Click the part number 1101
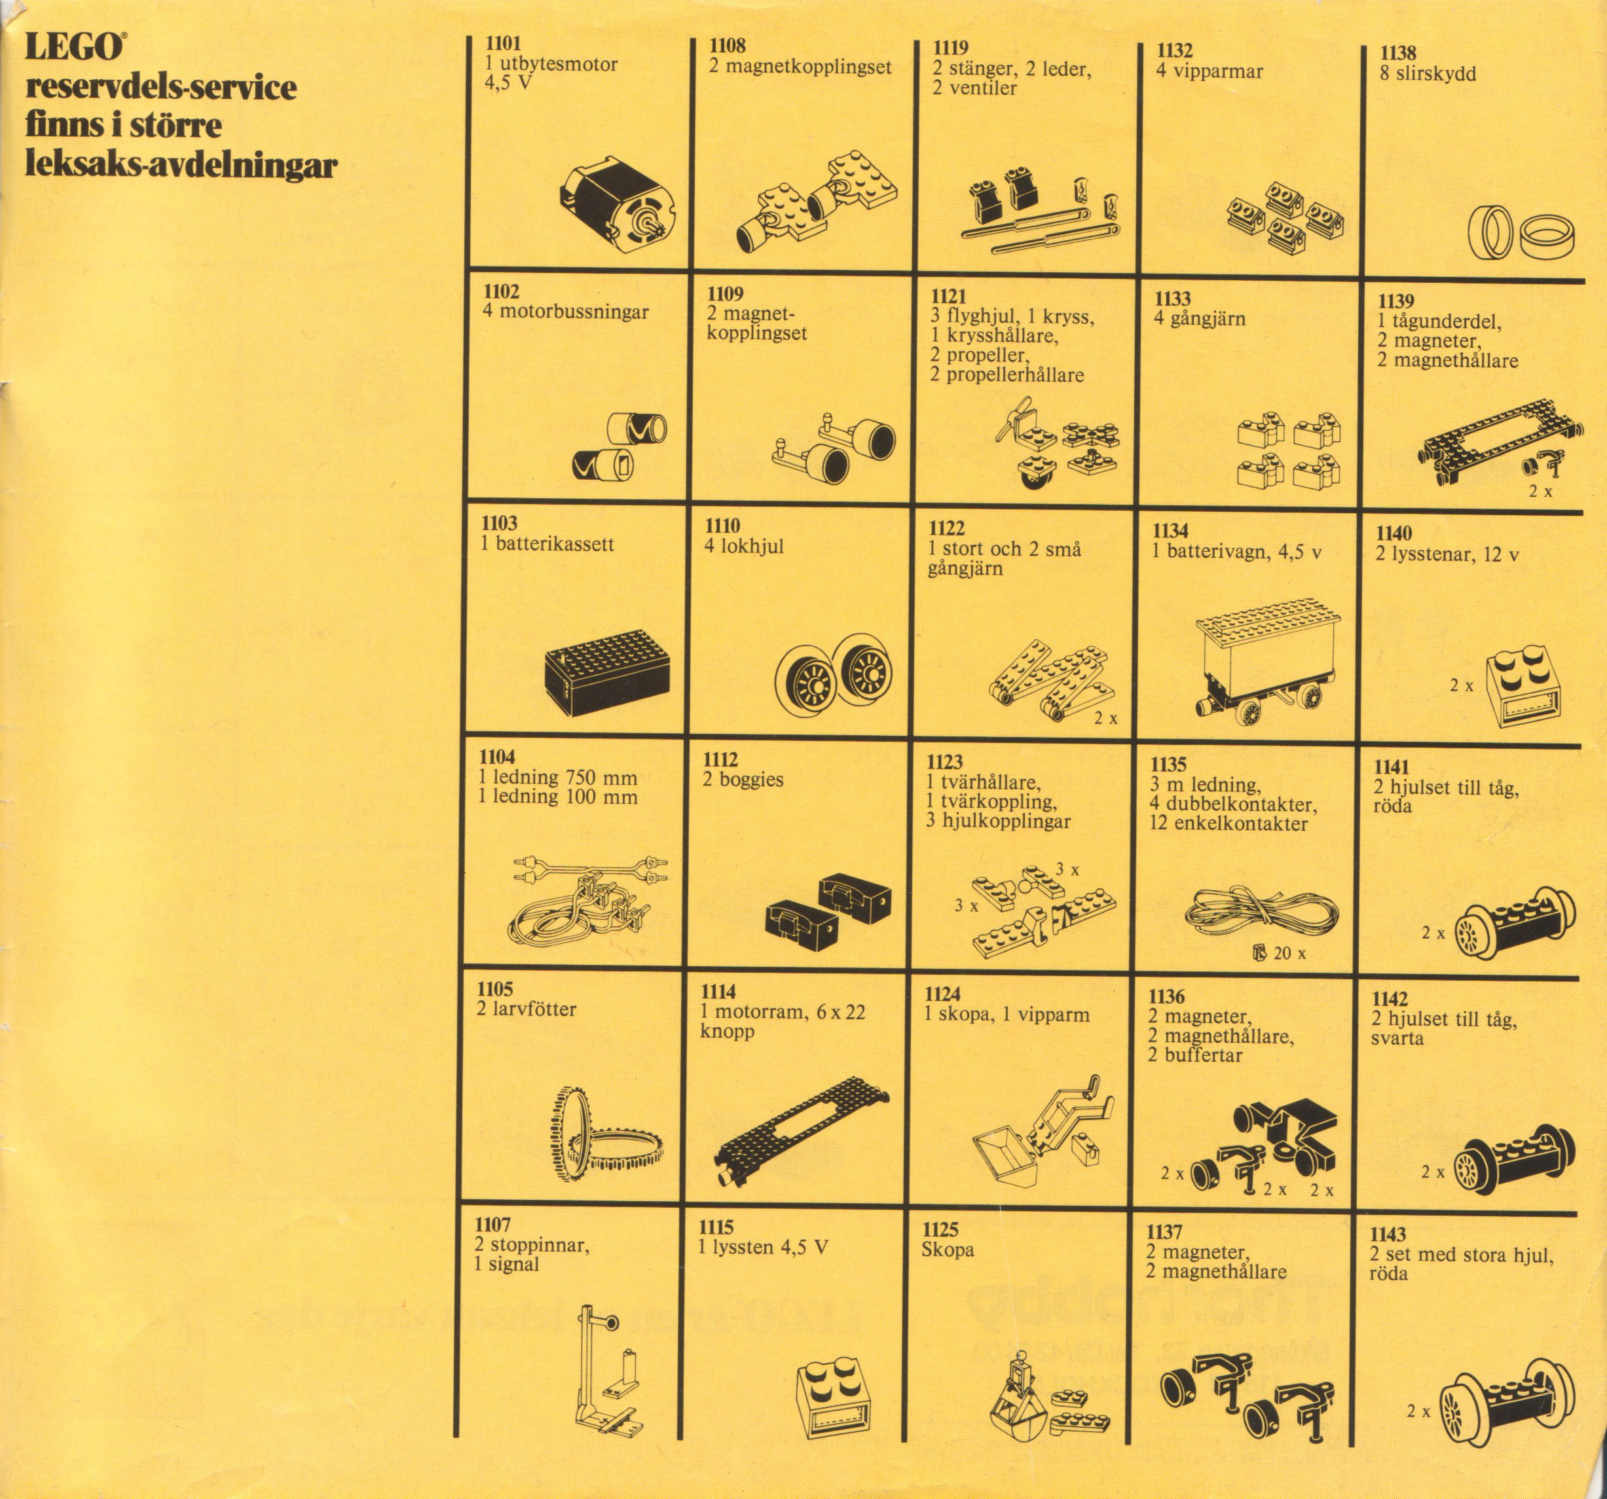pos(502,44)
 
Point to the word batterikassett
pos(555,544)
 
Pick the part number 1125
pos(940,1230)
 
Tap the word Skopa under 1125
pos(948,1250)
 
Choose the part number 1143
pos(1388,1235)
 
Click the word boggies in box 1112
pos(751,780)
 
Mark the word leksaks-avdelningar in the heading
pos(181,164)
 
